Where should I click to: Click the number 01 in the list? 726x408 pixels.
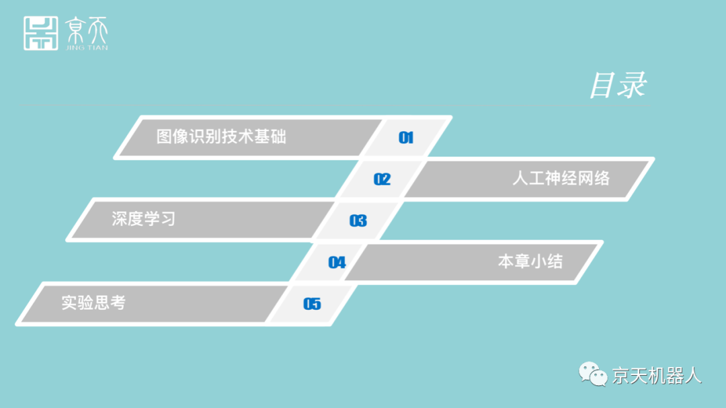[x=406, y=138]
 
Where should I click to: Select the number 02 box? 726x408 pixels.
[x=382, y=179]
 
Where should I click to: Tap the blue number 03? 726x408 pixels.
[x=358, y=220]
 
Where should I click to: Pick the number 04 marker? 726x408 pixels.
[x=337, y=262]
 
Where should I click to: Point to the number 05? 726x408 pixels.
[x=312, y=304]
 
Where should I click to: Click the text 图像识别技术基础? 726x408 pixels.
[x=221, y=136]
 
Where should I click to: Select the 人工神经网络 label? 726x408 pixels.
[x=561, y=178]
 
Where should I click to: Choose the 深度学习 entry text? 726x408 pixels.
[x=143, y=219]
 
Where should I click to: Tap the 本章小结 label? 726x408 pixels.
[x=530, y=261]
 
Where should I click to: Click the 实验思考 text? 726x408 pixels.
[x=93, y=302]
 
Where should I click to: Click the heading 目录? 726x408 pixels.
[x=617, y=85]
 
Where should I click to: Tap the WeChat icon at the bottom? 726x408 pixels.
[x=594, y=374]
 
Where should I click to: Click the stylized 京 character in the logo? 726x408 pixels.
[x=75, y=30]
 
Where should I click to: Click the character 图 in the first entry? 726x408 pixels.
[x=164, y=136]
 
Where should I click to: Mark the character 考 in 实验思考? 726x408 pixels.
[x=118, y=302]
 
